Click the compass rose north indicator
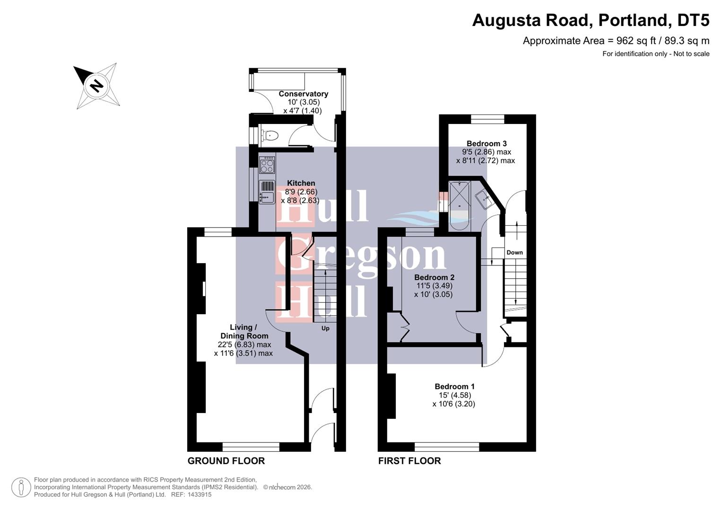[x=96, y=86]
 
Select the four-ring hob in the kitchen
[x=267, y=166]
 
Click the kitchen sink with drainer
[x=267, y=192]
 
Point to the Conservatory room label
[x=303, y=94]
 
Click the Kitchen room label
[x=301, y=183]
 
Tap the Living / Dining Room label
[x=244, y=331]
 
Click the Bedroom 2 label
[x=434, y=277]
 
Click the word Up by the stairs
[x=325, y=328]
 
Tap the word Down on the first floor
[x=514, y=252]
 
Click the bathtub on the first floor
[x=459, y=205]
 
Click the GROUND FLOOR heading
[x=226, y=461]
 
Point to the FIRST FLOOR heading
[x=409, y=461]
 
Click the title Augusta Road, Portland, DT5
[x=591, y=20]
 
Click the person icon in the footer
[x=21, y=487]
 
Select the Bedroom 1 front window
[x=447, y=446]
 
